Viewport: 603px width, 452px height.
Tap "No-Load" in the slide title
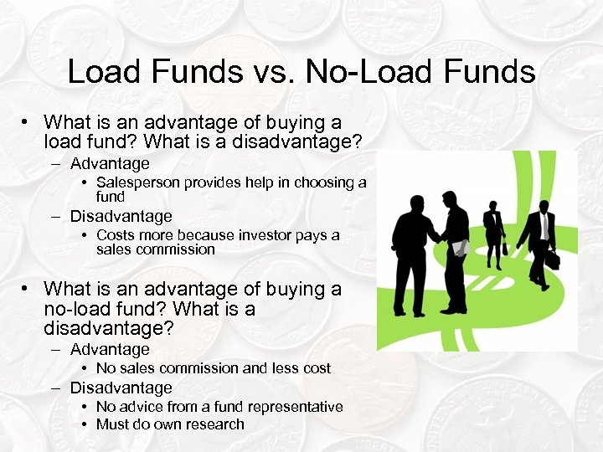pyautogui.click(x=369, y=72)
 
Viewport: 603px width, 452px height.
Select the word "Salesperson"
pyautogui.click(x=138, y=182)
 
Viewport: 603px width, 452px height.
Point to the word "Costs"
pyautogui.click(x=116, y=235)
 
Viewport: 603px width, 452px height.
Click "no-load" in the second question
pyautogui.click(x=81, y=309)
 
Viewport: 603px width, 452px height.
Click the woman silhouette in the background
pyautogui.click(x=493, y=230)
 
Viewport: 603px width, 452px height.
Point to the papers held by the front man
pyautogui.click(x=459, y=249)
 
